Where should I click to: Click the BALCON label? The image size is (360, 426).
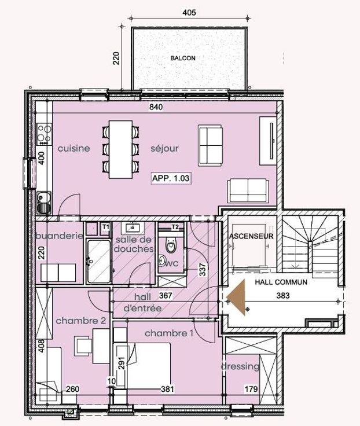point(183,58)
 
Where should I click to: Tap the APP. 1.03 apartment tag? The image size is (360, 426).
point(171,178)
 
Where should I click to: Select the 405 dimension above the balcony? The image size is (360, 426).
point(189,13)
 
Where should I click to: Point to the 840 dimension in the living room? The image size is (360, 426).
point(156,107)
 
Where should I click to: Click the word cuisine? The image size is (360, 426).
point(74,148)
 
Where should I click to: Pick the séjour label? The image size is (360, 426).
point(164,148)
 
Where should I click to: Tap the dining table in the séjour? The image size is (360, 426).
point(120,150)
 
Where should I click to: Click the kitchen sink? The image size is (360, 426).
point(43,203)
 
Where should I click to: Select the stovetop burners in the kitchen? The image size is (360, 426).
point(45,134)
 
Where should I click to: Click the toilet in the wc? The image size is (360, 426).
point(171,244)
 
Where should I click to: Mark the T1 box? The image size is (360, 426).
point(106,226)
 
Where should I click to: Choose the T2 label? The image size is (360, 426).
point(175,226)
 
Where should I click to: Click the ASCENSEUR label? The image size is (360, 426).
point(251,236)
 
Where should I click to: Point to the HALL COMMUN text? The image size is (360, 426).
point(281,282)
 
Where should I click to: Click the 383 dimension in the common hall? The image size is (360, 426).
point(283,295)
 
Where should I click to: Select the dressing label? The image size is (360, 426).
point(240,366)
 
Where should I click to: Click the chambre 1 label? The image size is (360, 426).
point(169,333)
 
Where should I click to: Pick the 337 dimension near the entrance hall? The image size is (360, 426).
point(203,269)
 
